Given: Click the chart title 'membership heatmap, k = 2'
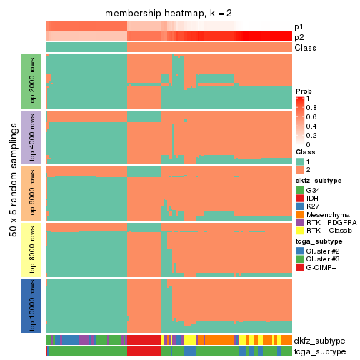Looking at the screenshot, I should click(x=169, y=14).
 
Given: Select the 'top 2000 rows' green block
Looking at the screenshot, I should click(x=33, y=80).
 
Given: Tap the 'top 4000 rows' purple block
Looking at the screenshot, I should click(x=33, y=136).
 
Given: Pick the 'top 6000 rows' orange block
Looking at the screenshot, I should click(x=33, y=193).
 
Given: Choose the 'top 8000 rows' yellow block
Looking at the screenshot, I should click(x=33, y=249).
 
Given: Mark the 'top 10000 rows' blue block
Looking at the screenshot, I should click(x=33, y=306).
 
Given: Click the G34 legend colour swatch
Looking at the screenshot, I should click(x=300, y=191).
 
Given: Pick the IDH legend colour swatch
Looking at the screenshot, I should click(x=300, y=201).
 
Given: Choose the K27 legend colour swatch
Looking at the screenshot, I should click(x=300, y=211).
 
